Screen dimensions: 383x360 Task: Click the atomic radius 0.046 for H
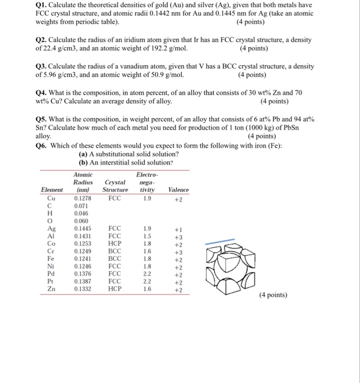[81, 213]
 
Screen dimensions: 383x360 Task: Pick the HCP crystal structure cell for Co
[115, 244]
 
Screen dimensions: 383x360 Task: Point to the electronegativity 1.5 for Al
[146, 236]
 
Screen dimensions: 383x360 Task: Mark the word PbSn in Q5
[301, 127]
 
